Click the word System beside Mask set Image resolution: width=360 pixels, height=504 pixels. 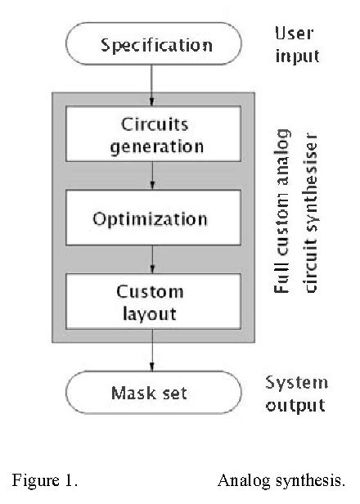coord(296,382)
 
